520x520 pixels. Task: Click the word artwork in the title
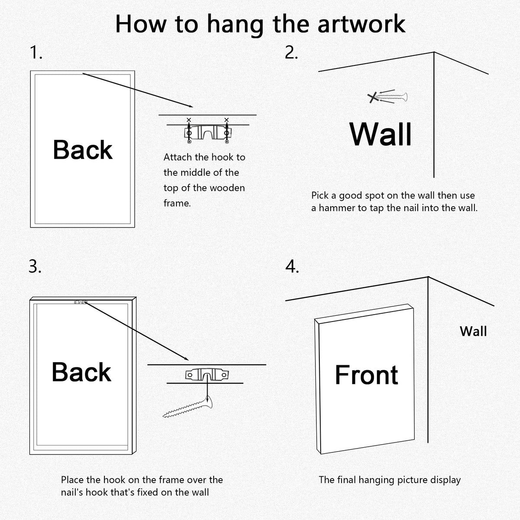click(361, 24)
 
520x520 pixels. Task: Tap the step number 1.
click(36, 52)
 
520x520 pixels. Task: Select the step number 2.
click(291, 52)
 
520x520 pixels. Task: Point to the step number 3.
click(35, 266)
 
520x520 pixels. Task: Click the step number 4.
click(292, 266)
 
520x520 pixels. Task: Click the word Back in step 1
click(83, 150)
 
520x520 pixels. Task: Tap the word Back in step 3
click(81, 372)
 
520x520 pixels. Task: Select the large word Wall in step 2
click(380, 134)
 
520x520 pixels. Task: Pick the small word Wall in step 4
click(473, 331)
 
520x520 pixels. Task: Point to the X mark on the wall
click(373, 97)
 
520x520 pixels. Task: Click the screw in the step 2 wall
click(391, 97)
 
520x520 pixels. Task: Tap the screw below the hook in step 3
click(188, 407)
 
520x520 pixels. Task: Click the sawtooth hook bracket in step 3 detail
click(207, 375)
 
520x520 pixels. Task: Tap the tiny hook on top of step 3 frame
click(81, 302)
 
